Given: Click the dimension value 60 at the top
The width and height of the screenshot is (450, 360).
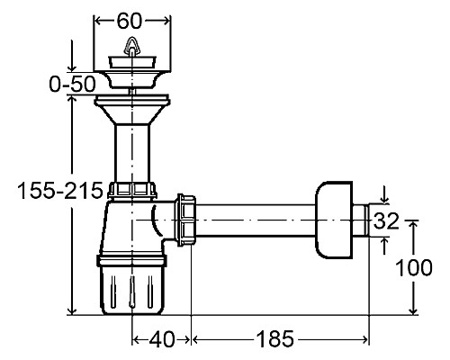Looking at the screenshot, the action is pos(129,21).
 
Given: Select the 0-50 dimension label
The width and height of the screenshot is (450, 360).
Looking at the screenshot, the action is pos(72,84).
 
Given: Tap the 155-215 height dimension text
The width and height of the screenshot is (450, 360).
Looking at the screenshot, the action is pos(60,191).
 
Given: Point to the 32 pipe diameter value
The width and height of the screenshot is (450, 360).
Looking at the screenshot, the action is pos(386,220).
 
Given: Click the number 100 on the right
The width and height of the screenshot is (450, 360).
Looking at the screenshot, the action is pos(414,267).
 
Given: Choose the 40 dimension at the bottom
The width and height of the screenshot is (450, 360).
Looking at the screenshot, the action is pos(161,339).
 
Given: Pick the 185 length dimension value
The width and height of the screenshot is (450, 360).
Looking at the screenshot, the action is pos(274,339).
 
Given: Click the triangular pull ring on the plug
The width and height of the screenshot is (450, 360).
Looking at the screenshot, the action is pos(131,45).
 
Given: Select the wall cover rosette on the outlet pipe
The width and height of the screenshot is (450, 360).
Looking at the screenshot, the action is pos(334,220).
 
